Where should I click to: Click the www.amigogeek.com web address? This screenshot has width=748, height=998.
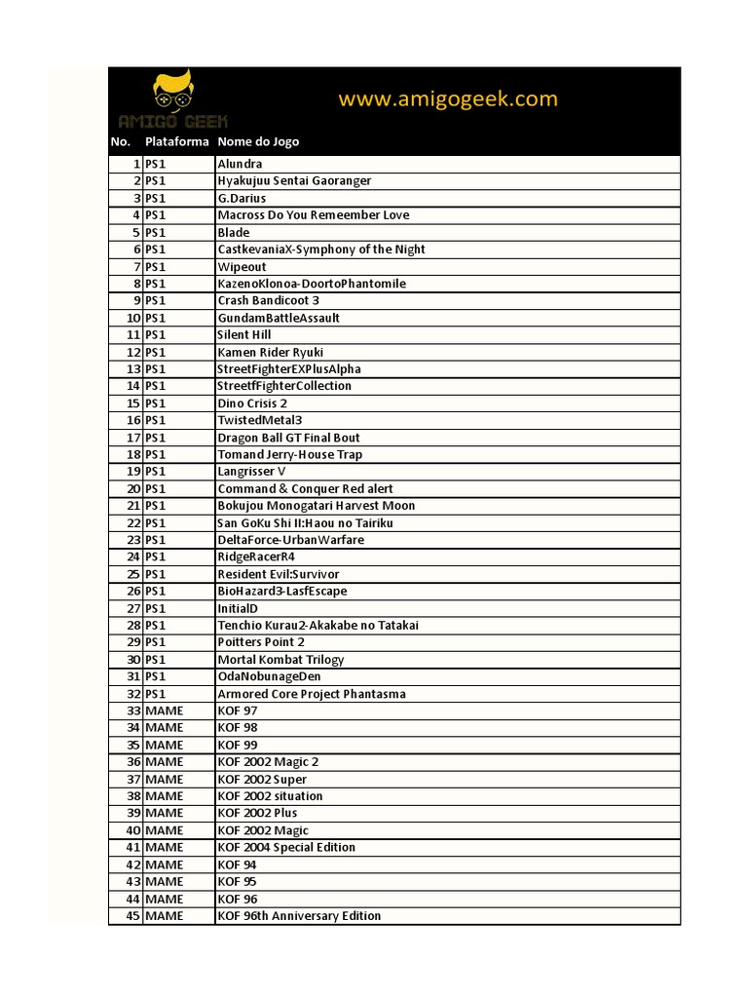click(448, 98)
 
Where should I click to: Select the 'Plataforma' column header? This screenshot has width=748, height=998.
click(177, 142)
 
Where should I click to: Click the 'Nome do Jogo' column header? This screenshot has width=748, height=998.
click(258, 142)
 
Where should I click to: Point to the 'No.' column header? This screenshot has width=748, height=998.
click(121, 142)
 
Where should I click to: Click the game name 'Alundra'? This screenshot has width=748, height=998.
click(240, 164)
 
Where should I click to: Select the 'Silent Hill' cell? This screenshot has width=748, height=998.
click(244, 334)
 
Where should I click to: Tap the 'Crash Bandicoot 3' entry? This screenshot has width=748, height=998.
click(268, 300)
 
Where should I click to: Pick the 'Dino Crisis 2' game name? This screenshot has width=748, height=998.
click(252, 403)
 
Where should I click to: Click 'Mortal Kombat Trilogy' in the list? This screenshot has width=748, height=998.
click(280, 660)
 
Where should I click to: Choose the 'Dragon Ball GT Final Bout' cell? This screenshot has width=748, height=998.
click(288, 438)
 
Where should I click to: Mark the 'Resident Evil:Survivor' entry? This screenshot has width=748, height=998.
click(279, 574)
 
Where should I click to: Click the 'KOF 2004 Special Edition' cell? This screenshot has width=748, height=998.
click(286, 848)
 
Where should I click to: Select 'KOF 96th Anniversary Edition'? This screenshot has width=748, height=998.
click(299, 916)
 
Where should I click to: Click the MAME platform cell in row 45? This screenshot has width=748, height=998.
click(165, 916)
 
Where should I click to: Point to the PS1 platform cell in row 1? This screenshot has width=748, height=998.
click(156, 164)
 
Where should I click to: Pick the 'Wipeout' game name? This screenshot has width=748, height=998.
click(242, 266)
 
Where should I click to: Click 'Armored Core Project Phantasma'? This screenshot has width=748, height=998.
click(312, 694)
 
